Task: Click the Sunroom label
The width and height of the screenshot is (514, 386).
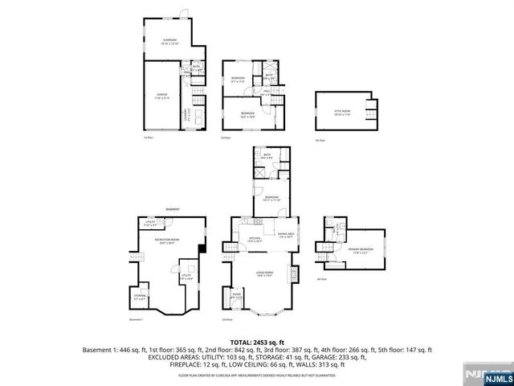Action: (169, 40)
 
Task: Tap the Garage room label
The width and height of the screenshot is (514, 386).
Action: (162, 96)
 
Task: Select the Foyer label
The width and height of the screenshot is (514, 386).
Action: (238, 297)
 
